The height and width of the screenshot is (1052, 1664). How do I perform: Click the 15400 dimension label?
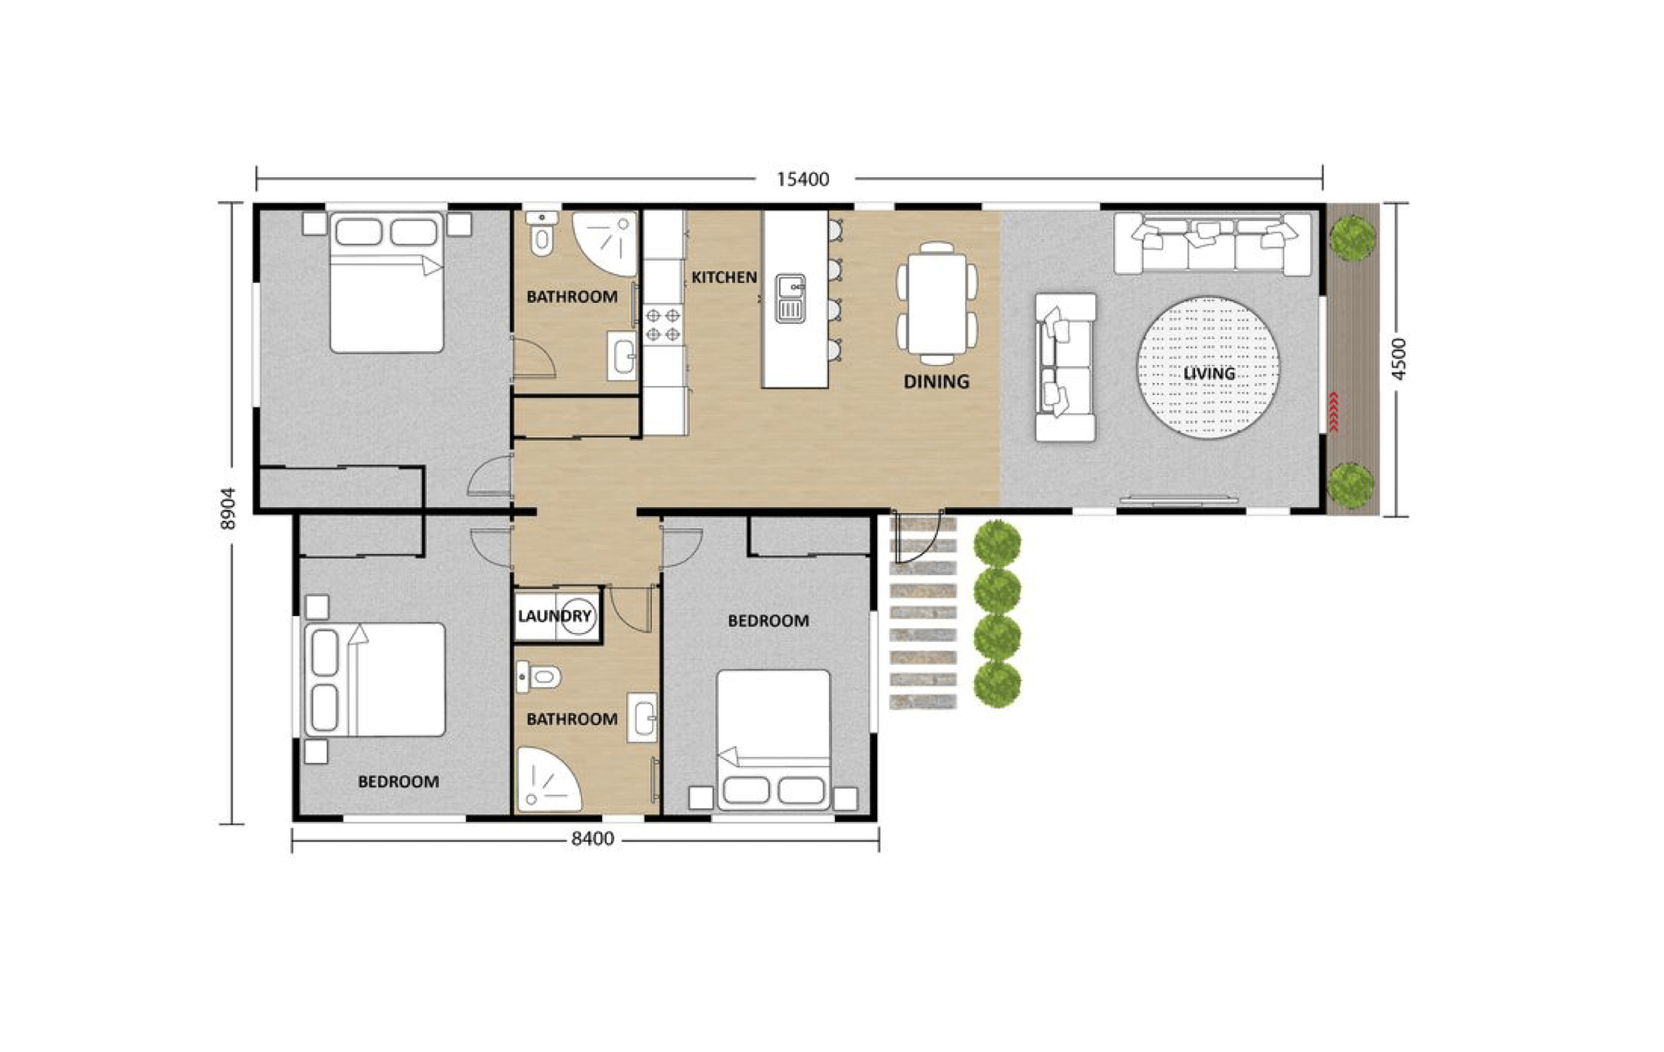(803, 180)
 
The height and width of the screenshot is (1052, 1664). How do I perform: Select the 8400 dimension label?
(592, 838)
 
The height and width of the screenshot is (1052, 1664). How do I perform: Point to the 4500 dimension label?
(1398, 358)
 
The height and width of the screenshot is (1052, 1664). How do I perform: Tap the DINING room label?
(936, 381)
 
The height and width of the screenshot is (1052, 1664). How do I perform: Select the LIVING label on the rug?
(1208, 373)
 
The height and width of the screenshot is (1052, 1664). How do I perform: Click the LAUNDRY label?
(554, 615)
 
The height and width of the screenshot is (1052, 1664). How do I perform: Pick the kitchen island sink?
(790, 298)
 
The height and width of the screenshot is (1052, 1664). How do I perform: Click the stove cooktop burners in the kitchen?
(662, 325)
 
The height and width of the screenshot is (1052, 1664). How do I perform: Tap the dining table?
(937, 303)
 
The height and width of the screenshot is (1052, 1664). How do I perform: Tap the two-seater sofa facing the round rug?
(1065, 368)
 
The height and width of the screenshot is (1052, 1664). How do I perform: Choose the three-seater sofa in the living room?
(1212, 243)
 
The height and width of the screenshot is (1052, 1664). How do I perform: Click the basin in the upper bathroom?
(621, 356)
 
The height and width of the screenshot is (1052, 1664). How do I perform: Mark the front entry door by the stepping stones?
(918, 536)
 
